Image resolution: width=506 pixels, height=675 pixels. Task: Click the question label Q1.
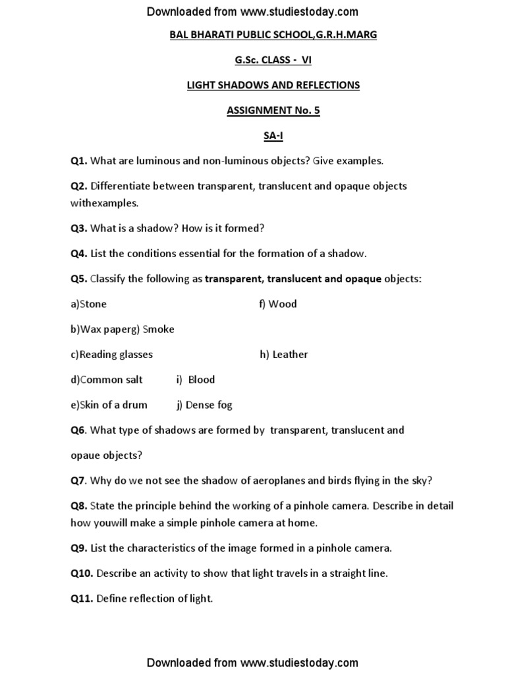[x=79, y=160]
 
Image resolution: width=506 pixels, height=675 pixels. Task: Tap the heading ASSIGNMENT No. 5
[x=273, y=110]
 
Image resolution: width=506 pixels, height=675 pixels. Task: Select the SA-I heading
[x=273, y=135]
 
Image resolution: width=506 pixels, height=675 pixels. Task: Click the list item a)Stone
[x=89, y=304]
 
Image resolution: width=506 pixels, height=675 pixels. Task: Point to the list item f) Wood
[x=278, y=304]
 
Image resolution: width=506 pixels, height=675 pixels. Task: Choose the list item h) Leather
[x=283, y=355]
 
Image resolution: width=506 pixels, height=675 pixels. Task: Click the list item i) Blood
[x=195, y=380]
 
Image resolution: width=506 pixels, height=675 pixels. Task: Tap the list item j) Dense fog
[x=204, y=405]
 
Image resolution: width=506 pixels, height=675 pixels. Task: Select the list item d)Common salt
[x=107, y=380]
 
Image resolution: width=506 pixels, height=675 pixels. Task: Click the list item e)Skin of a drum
[x=109, y=405]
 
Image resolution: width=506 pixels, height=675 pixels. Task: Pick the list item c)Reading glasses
[x=112, y=355]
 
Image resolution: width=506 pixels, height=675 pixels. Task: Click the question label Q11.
[x=82, y=599]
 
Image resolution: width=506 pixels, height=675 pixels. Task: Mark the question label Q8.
[x=79, y=506]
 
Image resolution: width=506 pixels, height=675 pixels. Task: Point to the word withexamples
[x=105, y=204]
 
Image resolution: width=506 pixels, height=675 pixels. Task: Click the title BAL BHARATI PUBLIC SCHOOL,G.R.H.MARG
[x=273, y=35]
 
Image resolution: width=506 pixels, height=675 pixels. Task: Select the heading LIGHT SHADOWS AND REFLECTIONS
[x=273, y=85]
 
